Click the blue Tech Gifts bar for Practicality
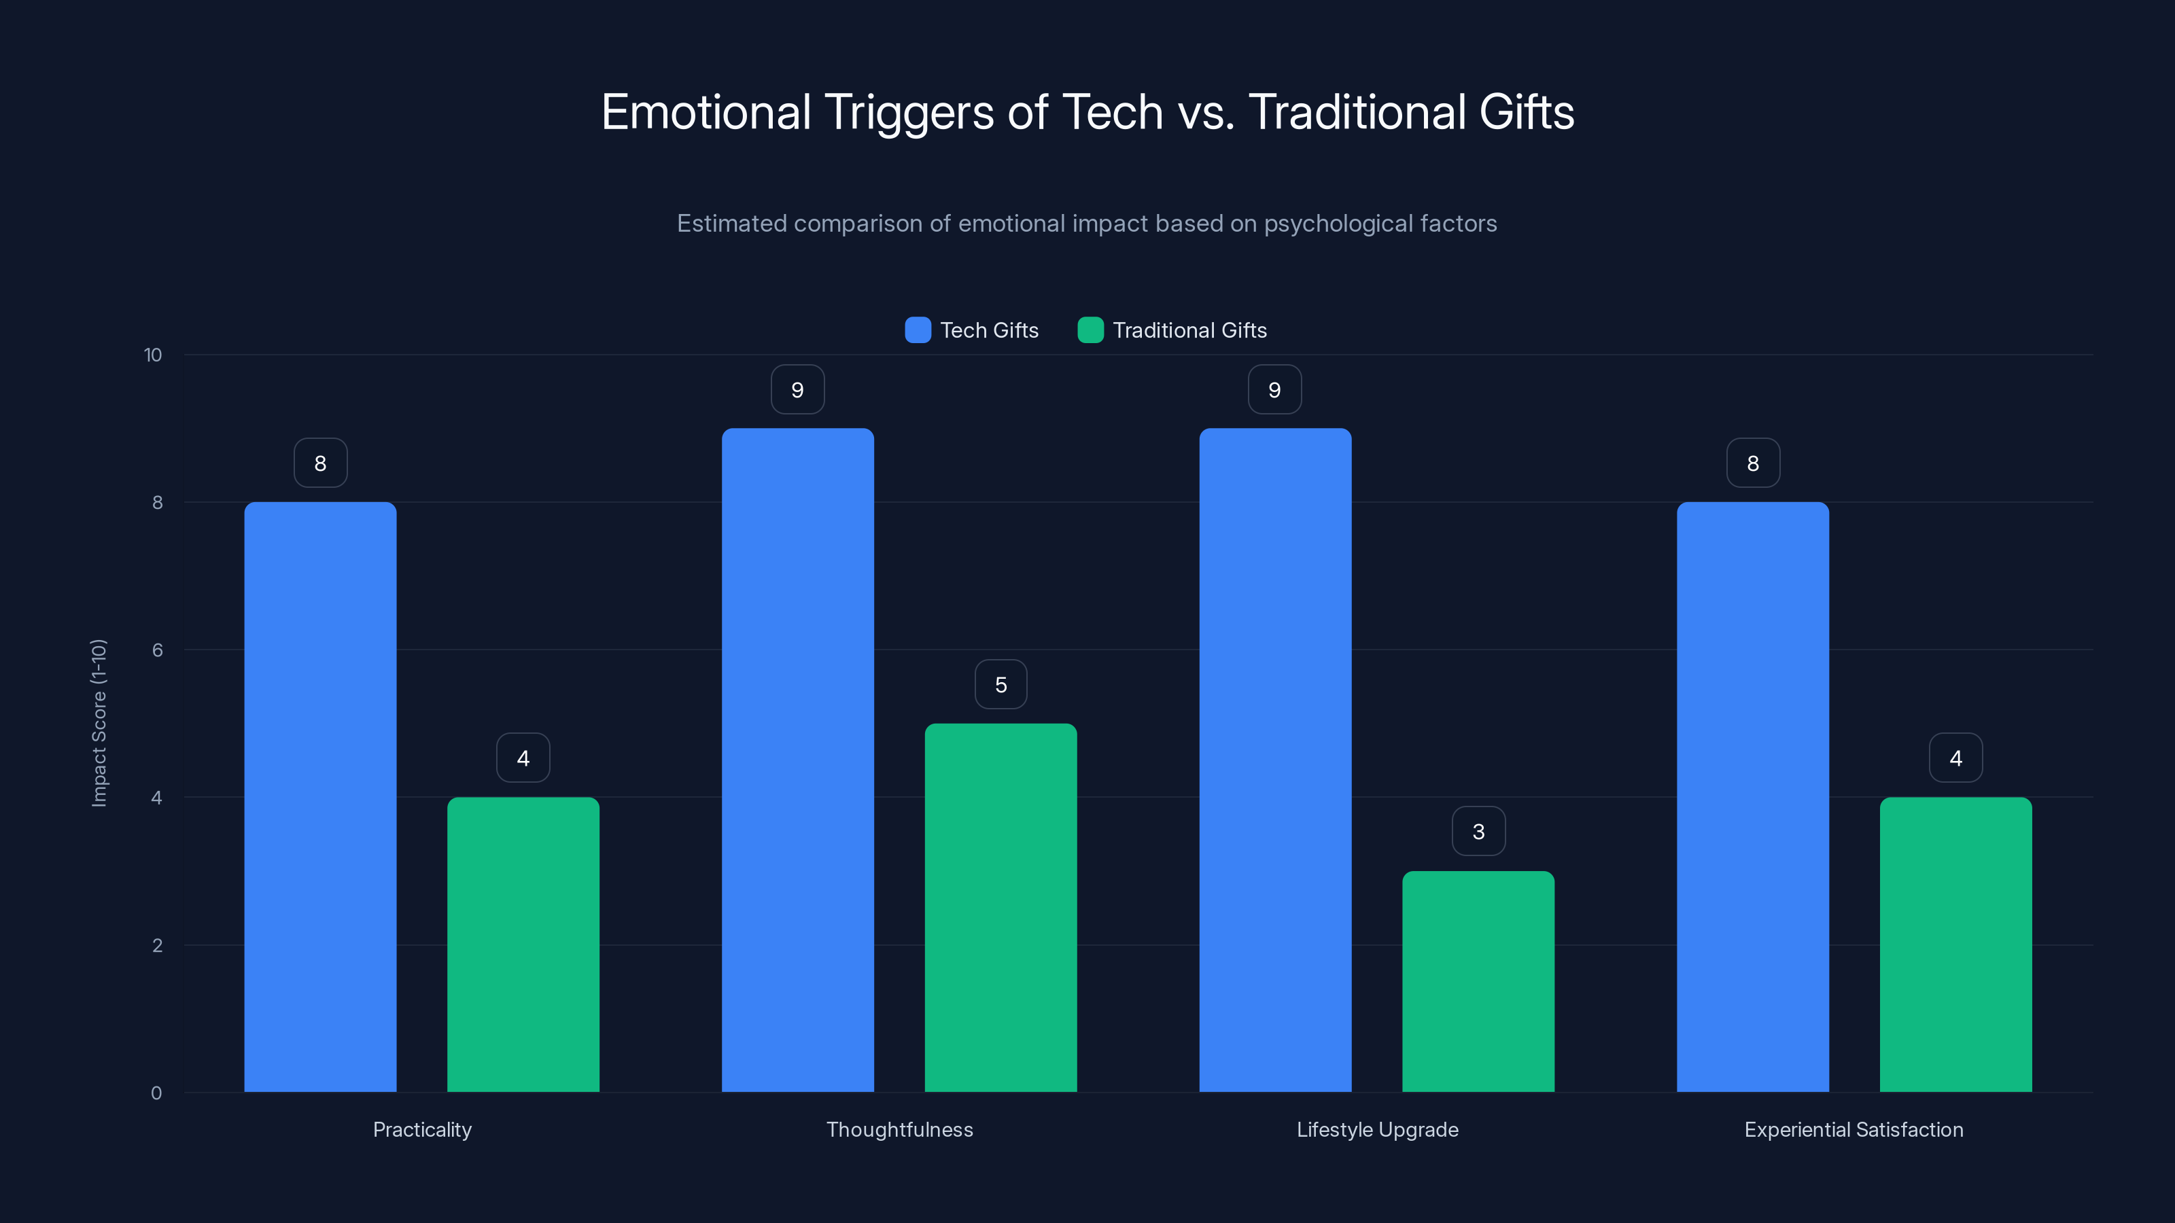click(x=320, y=797)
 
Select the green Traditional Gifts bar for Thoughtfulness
click(x=1000, y=907)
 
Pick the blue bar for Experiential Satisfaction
click(x=1752, y=797)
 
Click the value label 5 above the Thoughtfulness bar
click(x=1000, y=684)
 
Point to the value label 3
click(x=1478, y=832)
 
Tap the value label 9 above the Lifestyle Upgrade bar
click(x=1274, y=390)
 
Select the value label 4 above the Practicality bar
click(x=523, y=758)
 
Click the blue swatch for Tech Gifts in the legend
click(x=918, y=330)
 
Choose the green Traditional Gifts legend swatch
click(x=1090, y=330)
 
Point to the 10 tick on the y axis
click(x=153, y=355)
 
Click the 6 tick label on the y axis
click(x=157, y=650)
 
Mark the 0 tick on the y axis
click(x=156, y=1093)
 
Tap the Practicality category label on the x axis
click(x=422, y=1129)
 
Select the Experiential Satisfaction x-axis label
click(x=1854, y=1129)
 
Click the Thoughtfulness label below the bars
click(x=899, y=1129)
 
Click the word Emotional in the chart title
click(x=706, y=112)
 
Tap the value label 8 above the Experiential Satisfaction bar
click(x=1753, y=463)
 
